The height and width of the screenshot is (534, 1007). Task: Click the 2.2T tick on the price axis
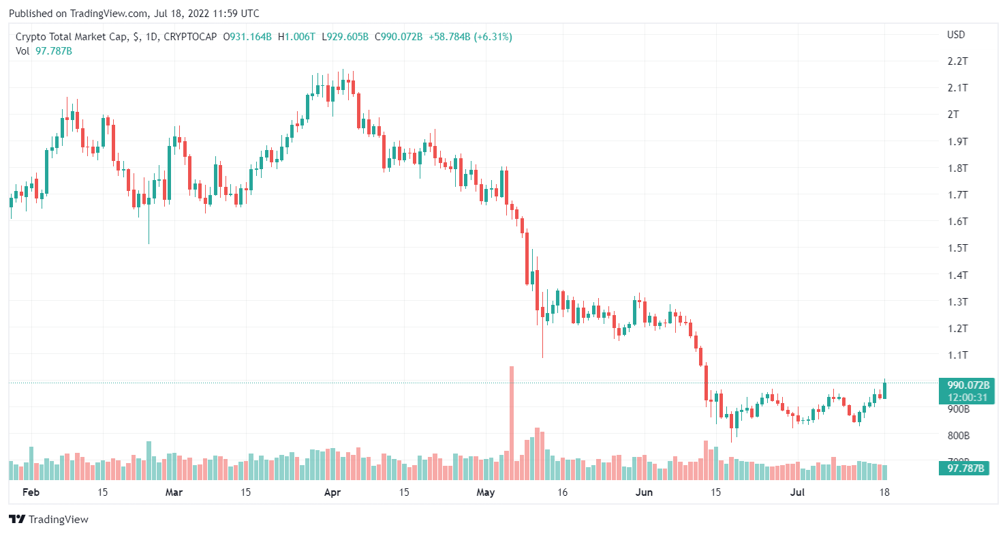(958, 61)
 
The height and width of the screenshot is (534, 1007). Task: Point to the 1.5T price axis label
(958, 248)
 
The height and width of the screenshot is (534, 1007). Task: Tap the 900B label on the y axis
(958, 409)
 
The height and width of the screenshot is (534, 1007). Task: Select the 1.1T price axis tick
(958, 355)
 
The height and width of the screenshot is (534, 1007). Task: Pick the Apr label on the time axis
(332, 492)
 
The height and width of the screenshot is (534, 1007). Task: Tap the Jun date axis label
(643, 492)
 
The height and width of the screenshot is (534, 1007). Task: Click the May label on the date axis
(486, 492)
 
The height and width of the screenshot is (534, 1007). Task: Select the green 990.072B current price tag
(963, 384)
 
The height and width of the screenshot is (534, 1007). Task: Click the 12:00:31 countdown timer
(963, 397)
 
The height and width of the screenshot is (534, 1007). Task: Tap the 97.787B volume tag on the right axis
(963, 468)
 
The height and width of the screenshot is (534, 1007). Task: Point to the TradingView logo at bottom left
(49, 520)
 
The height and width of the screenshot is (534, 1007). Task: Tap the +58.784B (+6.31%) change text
(469, 37)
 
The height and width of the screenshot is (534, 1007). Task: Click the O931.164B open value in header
(249, 37)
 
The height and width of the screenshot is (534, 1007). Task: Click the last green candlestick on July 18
(884, 390)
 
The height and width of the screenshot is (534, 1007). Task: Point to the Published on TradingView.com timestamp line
(135, 14)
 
